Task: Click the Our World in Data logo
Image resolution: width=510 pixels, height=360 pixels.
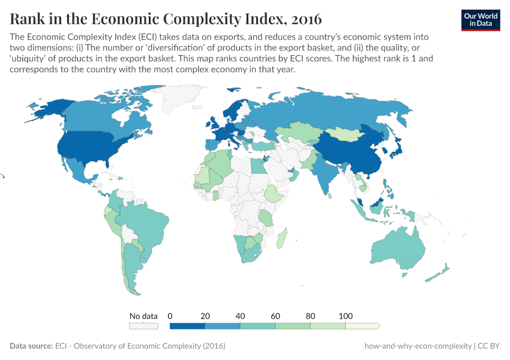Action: coord(481,19)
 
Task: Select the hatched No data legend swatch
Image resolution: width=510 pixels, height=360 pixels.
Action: coord(143,326)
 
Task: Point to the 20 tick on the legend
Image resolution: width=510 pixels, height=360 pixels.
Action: coord(205,316)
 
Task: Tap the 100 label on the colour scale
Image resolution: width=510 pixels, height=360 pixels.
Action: coord(346,316)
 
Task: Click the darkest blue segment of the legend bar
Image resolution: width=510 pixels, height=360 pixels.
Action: coord(187,326)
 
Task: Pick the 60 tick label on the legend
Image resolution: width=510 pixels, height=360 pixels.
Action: coord(275,316)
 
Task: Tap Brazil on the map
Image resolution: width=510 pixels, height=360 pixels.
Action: coord(153,225)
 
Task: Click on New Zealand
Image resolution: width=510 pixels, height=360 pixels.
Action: coord(437,273)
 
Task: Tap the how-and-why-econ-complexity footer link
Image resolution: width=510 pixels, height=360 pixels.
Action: coord(418,346)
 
